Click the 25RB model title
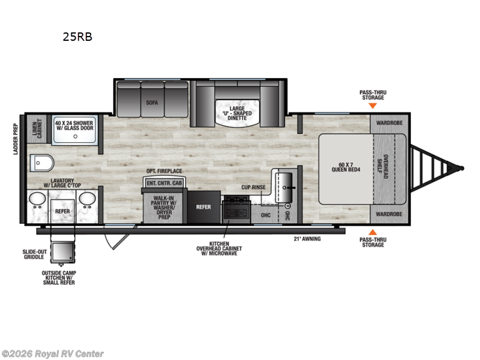[77, 37]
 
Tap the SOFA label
[152, 103]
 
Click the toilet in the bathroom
[41, 163]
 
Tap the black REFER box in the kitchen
[204, 207]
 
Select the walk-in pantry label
[163, 207]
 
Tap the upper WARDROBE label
[389, 123]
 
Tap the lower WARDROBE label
[389, 214]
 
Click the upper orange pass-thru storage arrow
[372, 106]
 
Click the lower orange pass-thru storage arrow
[372, 232]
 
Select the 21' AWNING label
[307, 239]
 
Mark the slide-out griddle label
[34, 254]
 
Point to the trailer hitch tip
[462, 167]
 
